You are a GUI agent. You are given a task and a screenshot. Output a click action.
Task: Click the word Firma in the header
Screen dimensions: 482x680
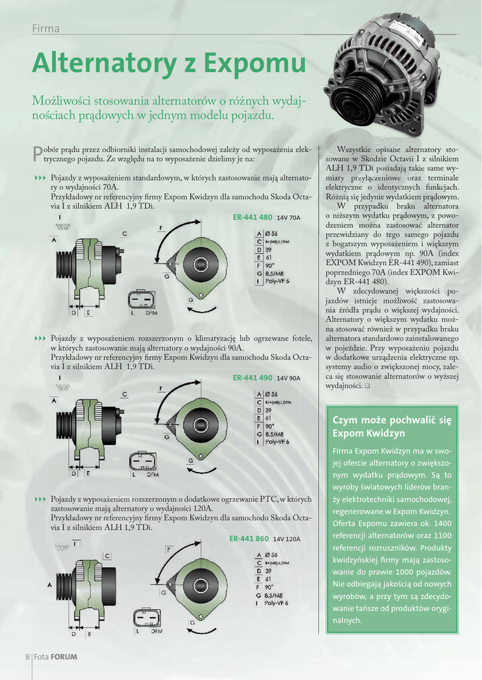46,29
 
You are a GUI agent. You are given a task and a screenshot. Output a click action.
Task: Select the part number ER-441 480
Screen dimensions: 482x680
253,217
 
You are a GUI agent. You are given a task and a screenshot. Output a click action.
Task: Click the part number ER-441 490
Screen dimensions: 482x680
253,377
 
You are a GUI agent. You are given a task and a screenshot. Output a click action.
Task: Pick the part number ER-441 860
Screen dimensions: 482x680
249,539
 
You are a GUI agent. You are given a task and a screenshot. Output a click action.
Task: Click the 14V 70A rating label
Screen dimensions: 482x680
289,218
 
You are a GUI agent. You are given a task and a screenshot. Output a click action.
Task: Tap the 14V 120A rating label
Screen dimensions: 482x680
287,539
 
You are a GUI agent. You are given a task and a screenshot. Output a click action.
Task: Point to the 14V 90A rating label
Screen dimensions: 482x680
289,378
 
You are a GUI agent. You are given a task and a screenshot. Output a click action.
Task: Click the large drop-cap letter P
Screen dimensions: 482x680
37,154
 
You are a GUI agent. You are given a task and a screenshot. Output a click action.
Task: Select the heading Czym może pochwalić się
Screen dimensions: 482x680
392,420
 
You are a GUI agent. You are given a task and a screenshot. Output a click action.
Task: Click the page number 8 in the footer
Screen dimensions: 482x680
27,657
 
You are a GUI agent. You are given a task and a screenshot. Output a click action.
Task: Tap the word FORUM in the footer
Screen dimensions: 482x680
64,657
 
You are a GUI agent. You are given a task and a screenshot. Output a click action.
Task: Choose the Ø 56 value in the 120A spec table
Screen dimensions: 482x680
271,554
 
